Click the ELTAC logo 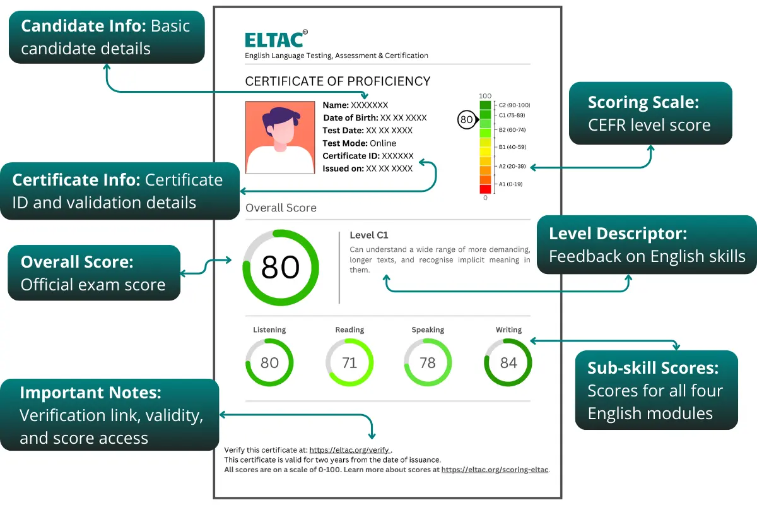[x=276, y=39]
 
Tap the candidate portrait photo [x=279, y=138]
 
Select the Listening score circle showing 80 [x=269, y=362]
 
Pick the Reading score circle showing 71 [x=349, y=362]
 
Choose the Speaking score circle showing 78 [x=428, y=362]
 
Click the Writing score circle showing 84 [x=508, y=362]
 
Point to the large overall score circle [x=280, y=267]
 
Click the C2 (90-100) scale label [x=514, y=105]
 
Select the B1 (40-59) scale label [x=512, y=146]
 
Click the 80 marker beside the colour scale [x=466, y=119]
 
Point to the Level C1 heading [x=369, y=235]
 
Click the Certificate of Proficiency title [x=337, y=81]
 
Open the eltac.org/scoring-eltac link [x=495, y=470]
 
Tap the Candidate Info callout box [x=106, y=37]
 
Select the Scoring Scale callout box [x=650, y=114]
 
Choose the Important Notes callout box [x=109, y=415]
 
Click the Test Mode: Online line [x=360, y=143]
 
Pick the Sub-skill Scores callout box [x=656, y=390]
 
